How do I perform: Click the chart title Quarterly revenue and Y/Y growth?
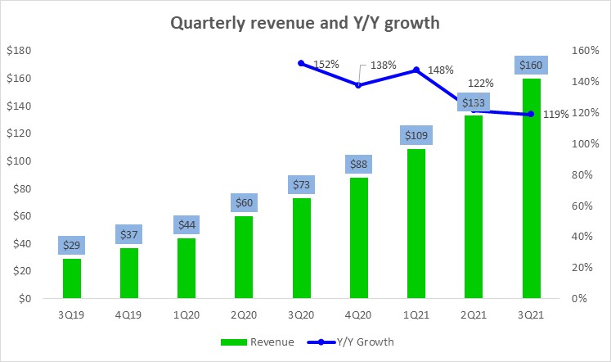coord(304,23)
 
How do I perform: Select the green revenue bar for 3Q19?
coord(71,278)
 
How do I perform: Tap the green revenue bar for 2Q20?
coord(244,257)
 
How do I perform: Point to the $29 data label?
coord(71,245)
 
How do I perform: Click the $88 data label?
coord(359,164)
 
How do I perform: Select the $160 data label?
coord(531,65)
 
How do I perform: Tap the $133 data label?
coord(474,102)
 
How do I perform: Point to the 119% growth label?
coord(555,115)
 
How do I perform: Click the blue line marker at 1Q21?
coord(416,70)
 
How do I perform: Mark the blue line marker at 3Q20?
coord(301,63)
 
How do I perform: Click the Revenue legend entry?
coord(256,342)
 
